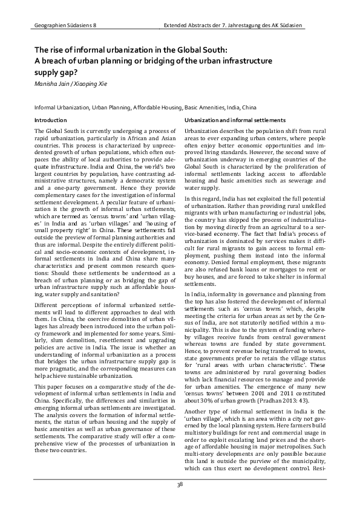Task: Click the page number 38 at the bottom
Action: click(x=180, y=484)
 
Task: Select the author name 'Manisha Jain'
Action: click(x=53, y=83)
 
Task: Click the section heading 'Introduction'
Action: click(x=51, y=120)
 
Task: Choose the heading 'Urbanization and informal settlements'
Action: click(x=235, y=120)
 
